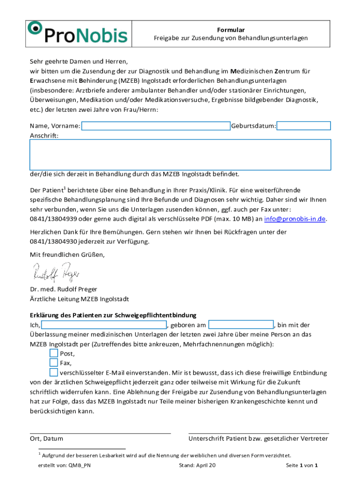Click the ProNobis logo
coord(78,33)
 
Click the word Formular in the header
coord(231,30)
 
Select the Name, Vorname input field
coord(156,126)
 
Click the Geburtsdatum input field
coord(304,126)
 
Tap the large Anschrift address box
coord(180,154)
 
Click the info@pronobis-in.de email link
coord(295,219)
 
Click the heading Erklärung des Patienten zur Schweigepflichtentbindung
coord(113,315)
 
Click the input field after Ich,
coord(104,325)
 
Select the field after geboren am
coord(241,325)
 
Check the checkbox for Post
coord(53,353)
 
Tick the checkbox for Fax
coord(53,363)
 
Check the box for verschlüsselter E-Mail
coord(53,372)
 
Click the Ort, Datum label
coord(46,439)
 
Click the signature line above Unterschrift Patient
coord(259,433)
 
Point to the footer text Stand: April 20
coord(197,465)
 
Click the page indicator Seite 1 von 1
coord(302,465)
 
